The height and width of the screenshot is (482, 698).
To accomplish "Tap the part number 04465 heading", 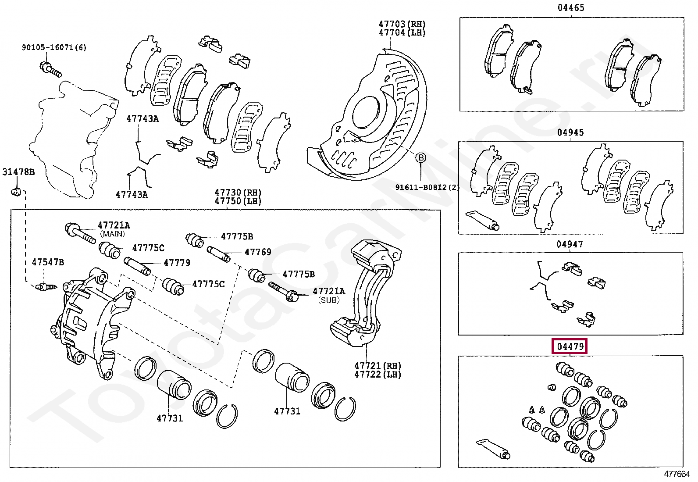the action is (x=571, y=7).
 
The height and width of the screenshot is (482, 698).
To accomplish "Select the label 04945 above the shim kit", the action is (x=570, y=132).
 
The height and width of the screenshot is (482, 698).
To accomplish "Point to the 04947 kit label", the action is (x=570, y=244).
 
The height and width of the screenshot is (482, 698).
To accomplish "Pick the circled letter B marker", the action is (x=421, y=158).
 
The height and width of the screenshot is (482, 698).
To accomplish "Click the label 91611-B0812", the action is (x=423, y=187).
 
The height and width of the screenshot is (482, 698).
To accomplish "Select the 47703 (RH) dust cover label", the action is (x=402, y=24).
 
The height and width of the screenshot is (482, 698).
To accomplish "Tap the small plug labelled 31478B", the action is (x=15, y=192).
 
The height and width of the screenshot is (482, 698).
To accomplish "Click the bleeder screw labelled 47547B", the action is (x=46, y=286).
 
